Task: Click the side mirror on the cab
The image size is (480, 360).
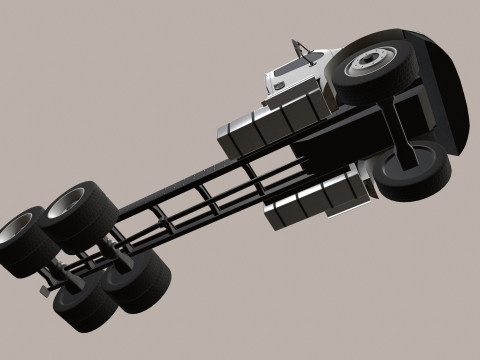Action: [x=296, y=46]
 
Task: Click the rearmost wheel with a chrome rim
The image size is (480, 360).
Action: [x=27, y=242]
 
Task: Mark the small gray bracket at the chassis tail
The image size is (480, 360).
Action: [x=45, y=290]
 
